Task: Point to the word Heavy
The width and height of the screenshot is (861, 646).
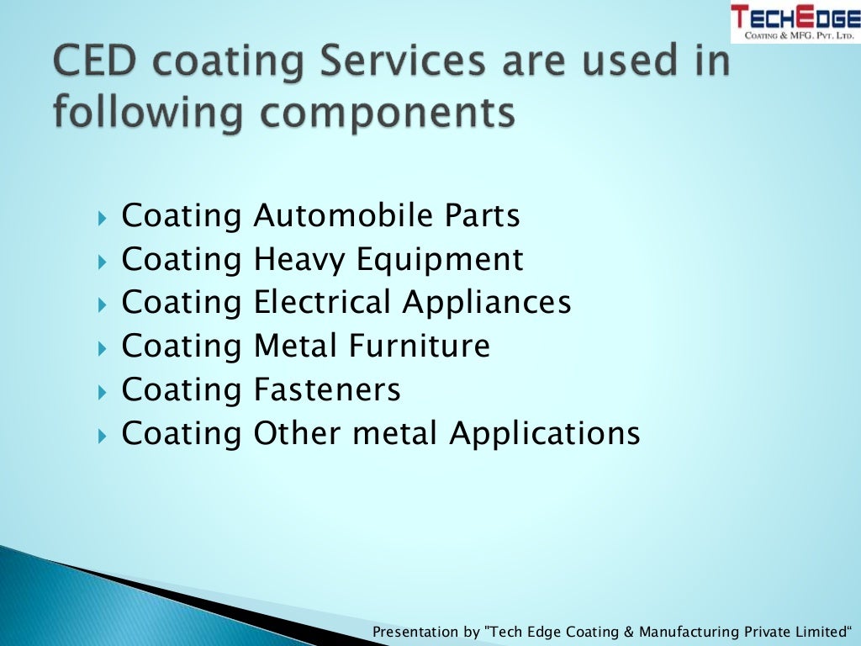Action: pyautogui.click(x=299, y=260)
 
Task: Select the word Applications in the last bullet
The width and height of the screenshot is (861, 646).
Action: pyautogui.click(x=544, y=434)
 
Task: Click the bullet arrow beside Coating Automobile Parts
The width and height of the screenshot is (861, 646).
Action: pyautogui.click(x=103, y=219)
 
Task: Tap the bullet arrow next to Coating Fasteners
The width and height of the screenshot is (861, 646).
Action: pyautogui.click(x=103, y=392)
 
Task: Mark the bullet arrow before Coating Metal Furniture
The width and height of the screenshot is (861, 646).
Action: pyautogui.click(x=103, y=348)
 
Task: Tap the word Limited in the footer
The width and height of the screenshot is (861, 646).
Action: pyautogui.click(x=821, y=631)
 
